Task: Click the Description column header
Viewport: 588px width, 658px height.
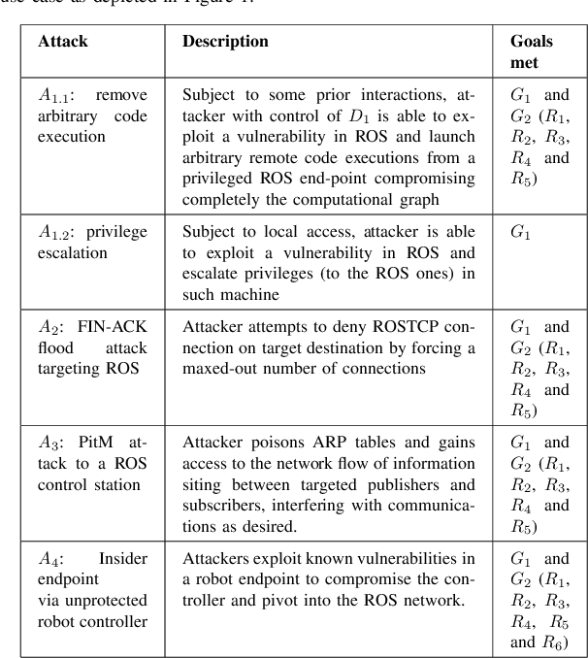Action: click(x=226, y=43)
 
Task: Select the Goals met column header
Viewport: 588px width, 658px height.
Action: click(x=533, y=51)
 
